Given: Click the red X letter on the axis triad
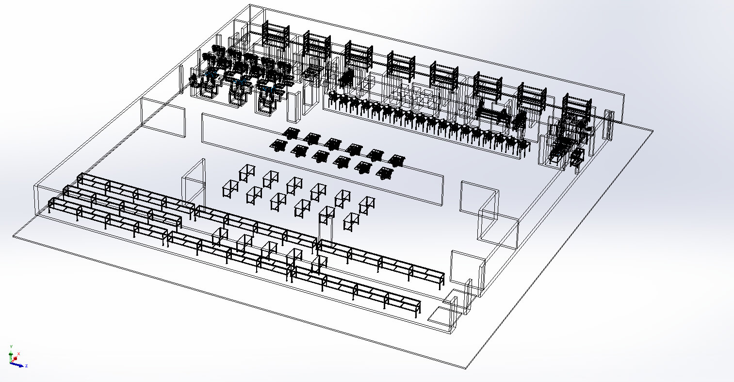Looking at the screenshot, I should click(x=18, y=353).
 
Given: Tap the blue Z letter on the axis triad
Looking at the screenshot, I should click(x=26, y=365).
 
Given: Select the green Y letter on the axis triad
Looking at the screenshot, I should click(x=11, y=346).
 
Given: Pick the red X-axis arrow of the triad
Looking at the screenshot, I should click(x=15, y=358).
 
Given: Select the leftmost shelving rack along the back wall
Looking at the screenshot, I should click(x=276, y=33).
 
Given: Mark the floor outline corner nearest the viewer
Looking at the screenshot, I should click(x=466, y=368).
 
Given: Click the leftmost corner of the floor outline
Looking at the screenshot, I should click(x=14, y=236).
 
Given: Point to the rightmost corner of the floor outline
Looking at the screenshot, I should click(x=653, y=131).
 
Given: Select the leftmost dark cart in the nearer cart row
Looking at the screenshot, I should click(x=278, y=145).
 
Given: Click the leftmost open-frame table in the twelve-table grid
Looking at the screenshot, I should click(x=230, y=188).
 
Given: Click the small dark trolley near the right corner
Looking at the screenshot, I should click(x=576, y=158).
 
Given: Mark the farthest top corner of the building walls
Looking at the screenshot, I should click(x=250, y=5).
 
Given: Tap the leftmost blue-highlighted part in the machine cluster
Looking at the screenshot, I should click(x=212, y=75).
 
